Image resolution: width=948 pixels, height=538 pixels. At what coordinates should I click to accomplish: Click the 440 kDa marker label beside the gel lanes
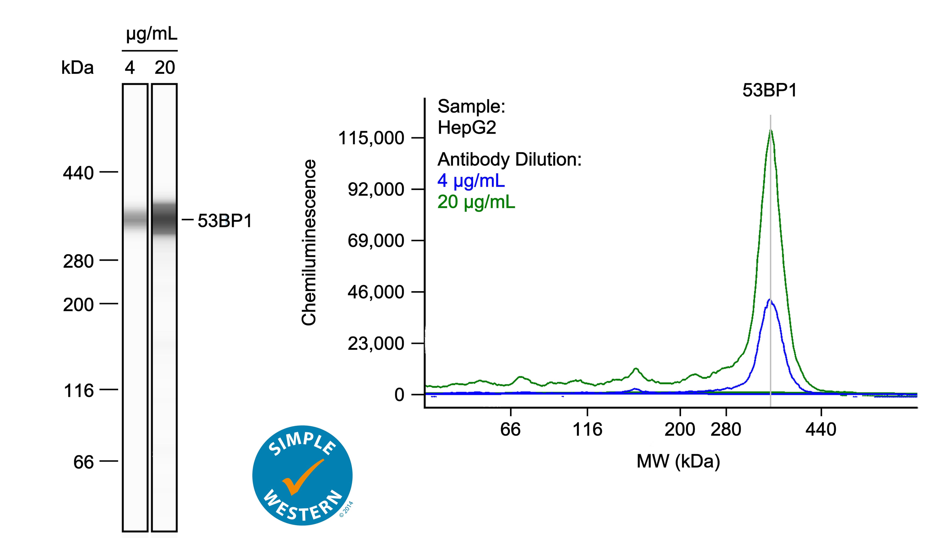[x=78, y=173]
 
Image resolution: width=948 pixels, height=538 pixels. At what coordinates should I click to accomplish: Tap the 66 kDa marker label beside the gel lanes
[x=84, y=462]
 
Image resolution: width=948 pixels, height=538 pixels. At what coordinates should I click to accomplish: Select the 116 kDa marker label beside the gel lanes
[x=79, y=391]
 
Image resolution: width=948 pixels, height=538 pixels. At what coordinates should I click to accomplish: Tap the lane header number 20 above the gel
[x=165, y=68]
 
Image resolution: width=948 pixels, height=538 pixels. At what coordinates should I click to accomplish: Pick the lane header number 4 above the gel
[x=130, y=68]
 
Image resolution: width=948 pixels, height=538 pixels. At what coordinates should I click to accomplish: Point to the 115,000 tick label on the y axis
[x=371, y=138]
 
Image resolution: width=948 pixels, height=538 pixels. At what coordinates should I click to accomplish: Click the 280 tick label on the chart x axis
[x=726, y=430]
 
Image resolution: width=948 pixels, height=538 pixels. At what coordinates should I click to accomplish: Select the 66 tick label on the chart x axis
[x=510, y=430]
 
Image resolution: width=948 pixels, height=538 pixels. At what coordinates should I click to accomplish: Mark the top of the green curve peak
[x=771, y=131]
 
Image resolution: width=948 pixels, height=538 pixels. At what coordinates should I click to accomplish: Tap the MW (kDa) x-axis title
[x=678, y=461]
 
